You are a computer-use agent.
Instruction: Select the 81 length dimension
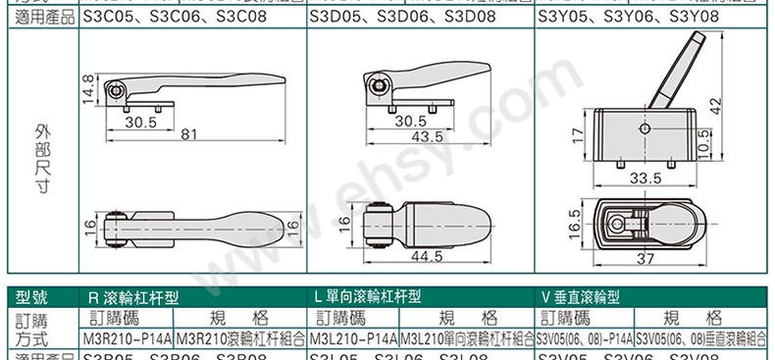point(189,133)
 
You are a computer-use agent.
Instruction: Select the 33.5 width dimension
point(643,179)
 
